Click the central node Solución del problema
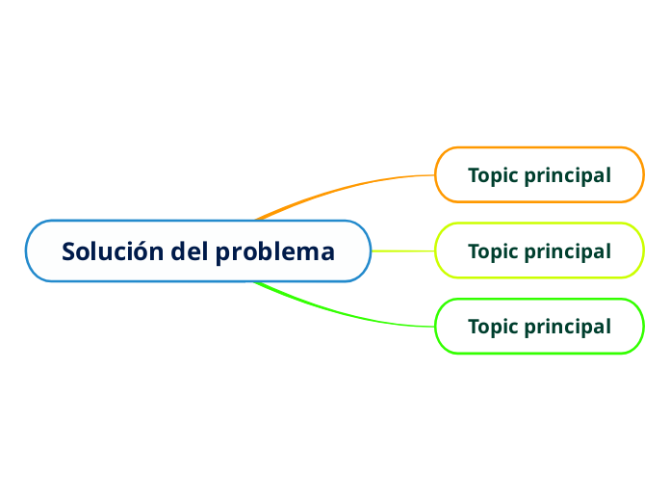197,251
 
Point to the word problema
275,252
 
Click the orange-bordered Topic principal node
539,175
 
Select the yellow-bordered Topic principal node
539,250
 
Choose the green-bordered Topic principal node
539,327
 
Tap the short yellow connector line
402,251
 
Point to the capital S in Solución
69,251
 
